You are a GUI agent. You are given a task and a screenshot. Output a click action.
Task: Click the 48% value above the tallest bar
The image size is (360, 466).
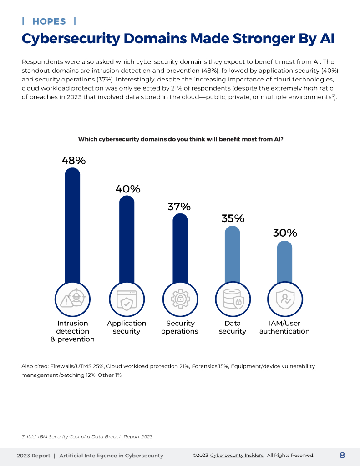(74, 161)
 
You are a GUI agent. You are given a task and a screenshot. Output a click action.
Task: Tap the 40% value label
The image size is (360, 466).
(127, 189)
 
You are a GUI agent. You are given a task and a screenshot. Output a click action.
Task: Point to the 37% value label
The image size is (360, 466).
(179, 207)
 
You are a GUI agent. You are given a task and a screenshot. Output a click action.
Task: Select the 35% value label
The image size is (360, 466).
(233, 218)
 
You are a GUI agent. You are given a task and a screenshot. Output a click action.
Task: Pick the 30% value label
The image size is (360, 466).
(285, 233)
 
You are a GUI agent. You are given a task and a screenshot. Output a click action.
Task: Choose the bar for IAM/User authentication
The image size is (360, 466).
(284, 262)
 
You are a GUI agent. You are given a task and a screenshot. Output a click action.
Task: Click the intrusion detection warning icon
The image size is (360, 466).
(73, 299)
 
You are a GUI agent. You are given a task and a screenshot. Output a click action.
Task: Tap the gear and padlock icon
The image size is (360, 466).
(180, 299)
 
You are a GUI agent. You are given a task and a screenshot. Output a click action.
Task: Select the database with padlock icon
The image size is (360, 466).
(233, 299)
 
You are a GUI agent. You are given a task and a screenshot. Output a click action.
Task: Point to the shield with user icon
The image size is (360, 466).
(285, 299)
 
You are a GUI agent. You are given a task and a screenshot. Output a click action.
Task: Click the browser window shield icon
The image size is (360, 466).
(127, 299)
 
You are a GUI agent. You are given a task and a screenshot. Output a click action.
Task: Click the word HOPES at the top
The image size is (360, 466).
(49, 21)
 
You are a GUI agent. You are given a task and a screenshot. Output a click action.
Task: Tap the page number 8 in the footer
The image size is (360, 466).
(342, 455)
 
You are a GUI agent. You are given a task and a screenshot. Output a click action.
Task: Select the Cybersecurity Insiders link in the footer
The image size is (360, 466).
(237, 456)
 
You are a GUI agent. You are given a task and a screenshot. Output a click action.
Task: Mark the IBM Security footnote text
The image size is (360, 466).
(87, 436)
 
